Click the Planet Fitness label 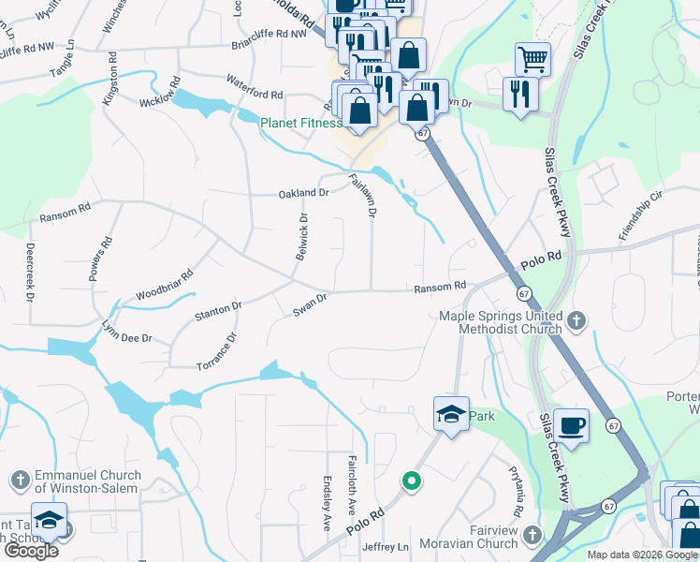(300, 123)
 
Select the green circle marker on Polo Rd (410, 481)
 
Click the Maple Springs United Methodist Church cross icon (577, 321)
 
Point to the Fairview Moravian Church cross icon (532, 536)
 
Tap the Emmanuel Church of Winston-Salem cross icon (21, 481)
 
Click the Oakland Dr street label (303, 194)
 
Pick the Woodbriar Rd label (163, 282)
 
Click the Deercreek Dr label (30, 273)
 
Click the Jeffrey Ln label (385, 547)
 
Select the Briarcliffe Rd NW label (270, 34)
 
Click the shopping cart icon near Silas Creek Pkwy (532, 59)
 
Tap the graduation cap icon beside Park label (451, 414)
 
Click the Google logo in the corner (31, 551)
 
